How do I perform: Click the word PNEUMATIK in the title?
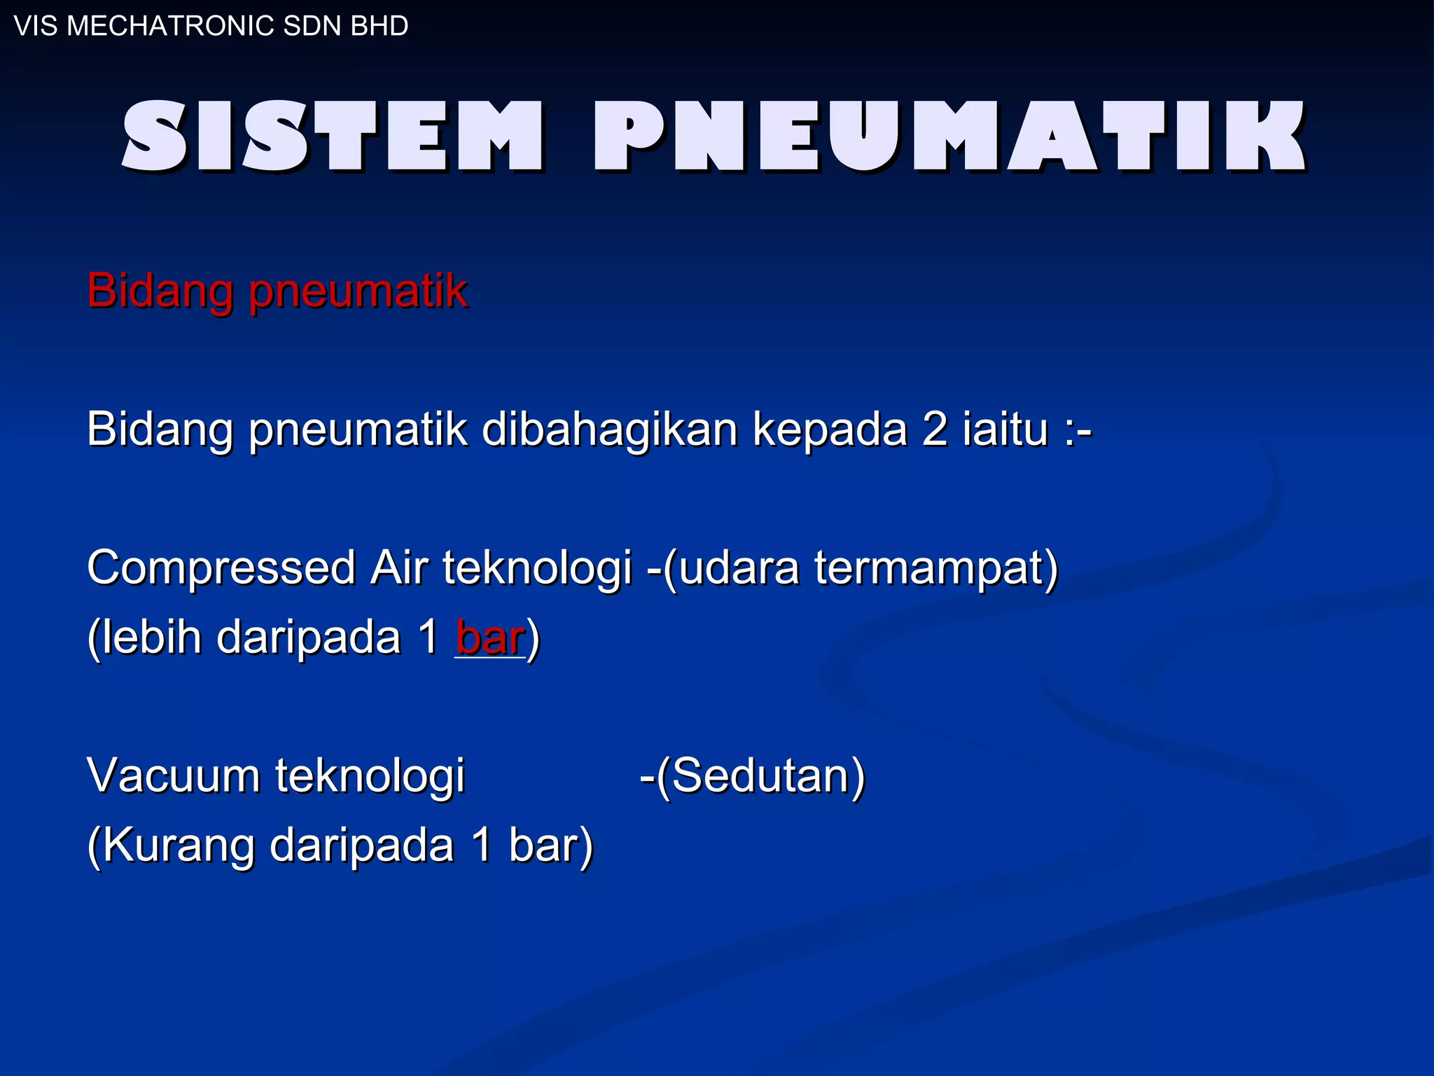pyautogui.click(x=950, y=137)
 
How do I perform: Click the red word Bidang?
pyautogui.click(x=160, y=290)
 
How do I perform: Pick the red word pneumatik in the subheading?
pyautogui.click(x=358, y=291)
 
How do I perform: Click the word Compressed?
pyautogui.click(x=221, y=567)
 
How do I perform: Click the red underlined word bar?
pyautogui.click(x=490, y=637)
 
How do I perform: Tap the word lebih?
pyautogui.click(x=148, y=637)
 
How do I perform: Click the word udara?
pyautogui.click(x=739, y=567)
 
